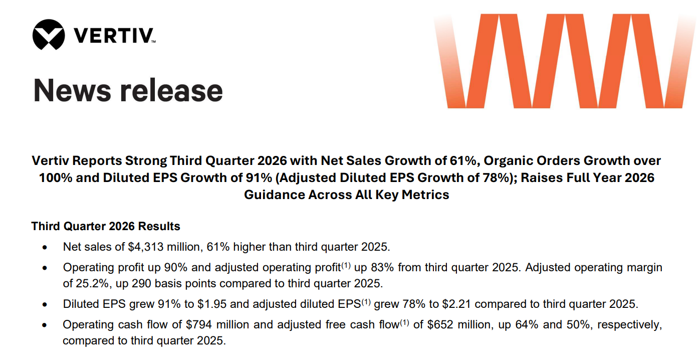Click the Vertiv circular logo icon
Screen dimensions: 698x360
click(49, 35)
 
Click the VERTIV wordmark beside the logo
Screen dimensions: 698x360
click(114, 35)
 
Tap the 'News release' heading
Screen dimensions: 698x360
click(128, 90)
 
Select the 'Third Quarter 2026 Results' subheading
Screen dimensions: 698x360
click(106, 226)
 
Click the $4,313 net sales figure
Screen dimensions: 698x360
click(145, 247)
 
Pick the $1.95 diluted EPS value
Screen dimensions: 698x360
click(212, 304)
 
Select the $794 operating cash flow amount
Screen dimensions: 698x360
click(199, 324)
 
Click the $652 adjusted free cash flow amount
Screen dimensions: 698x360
click(440, 324)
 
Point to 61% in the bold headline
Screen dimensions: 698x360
click(463, 161)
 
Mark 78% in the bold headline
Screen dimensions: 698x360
click(498, 177)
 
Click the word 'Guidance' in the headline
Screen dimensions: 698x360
click(274, 195)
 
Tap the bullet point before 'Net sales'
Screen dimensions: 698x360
click(45, 248)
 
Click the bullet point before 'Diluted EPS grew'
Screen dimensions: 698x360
click(45, 304)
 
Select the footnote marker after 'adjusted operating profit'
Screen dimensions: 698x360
click(346, 265)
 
